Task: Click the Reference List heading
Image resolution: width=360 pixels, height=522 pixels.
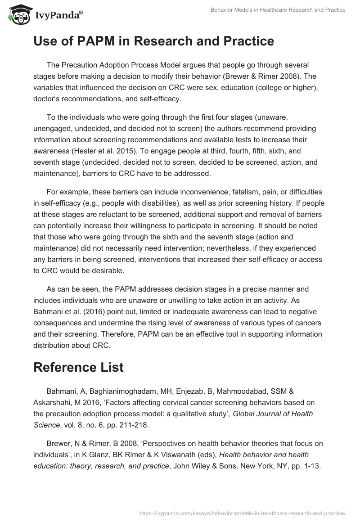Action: coord(78,367)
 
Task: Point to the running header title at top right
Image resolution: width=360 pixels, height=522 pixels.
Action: coord(278,10)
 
